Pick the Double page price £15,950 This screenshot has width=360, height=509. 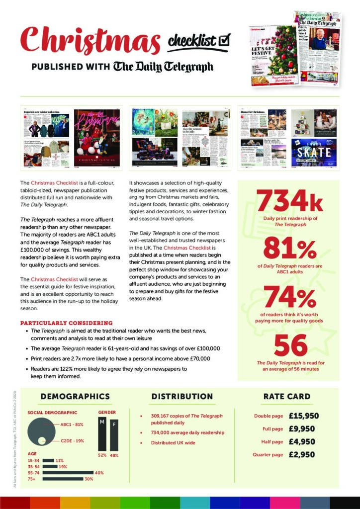coord(303,416)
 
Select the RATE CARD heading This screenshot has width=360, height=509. coord(286,397)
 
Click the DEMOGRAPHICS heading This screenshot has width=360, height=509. coord(75,397)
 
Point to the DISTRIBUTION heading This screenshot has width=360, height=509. coord(182,397)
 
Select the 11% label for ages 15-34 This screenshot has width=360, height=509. coord(60,461)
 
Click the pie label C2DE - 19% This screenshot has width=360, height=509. coord(72,441)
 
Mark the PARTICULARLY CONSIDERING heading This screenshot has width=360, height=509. coord(66,323)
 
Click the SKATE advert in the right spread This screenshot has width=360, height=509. coord(314,152)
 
